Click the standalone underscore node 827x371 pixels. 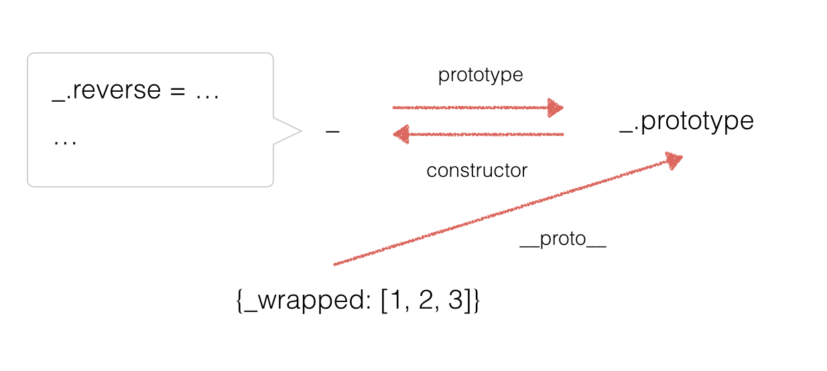click(x=332, y=133)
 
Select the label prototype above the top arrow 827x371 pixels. click(x=480, y=76)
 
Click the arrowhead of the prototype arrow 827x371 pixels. click(x=555, y=107)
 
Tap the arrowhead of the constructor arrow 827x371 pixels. click(x=401, y=135)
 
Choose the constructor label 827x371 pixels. click(x=476, y=171)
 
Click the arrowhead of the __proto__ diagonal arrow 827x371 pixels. click(x=674, y=160)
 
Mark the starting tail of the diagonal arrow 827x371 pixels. click(x=335, y=265)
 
